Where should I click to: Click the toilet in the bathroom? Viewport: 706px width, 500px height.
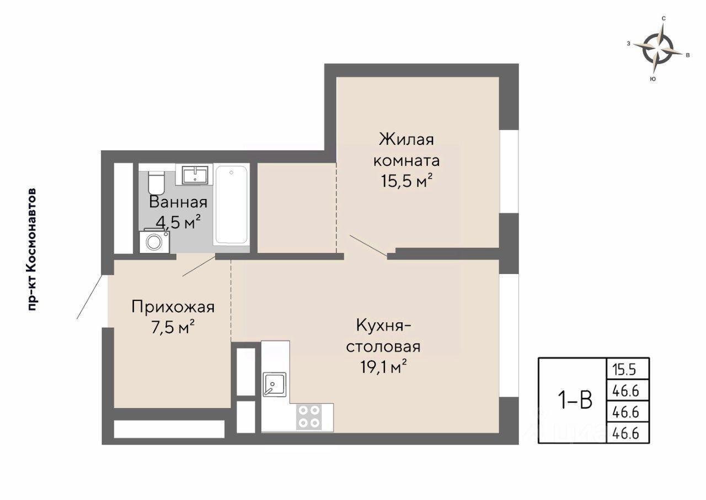pos(156,182)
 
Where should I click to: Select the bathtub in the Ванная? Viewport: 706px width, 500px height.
pos(231,205)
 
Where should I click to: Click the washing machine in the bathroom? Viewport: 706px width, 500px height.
pos(154,241)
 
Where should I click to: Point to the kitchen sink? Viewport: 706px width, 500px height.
pos(275,384)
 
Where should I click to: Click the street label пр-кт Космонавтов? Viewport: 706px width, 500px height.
pos(32,250)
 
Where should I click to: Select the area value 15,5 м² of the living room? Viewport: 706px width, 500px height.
pos(407,181)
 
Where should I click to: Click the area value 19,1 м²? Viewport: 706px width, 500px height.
pos(383,367)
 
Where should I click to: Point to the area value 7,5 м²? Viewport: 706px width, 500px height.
pos(173,327)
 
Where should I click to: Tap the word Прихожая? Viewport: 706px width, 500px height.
pos(173,307)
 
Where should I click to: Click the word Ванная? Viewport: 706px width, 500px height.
pos(178,202)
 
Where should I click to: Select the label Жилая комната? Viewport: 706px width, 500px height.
pos(407,150)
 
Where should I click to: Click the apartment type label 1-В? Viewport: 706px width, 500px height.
pos(575,400)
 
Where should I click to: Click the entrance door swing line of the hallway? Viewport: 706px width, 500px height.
pos(89,297)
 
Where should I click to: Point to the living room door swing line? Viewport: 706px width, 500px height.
pos(368,245)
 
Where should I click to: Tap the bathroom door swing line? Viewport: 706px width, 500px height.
pos(199,266)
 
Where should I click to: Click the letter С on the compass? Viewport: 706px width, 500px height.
pos(664,19)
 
